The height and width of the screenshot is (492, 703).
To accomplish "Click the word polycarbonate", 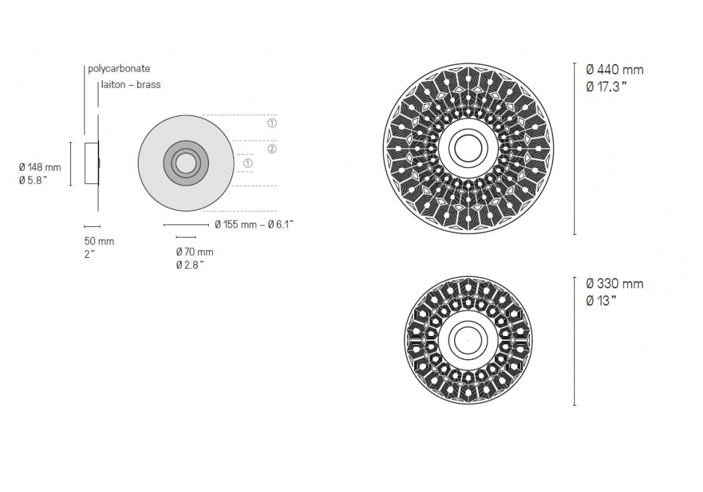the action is pyautogui.click(x=119, y=69).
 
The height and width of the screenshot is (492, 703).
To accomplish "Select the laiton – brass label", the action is pyautogui.click(x=131, y=84).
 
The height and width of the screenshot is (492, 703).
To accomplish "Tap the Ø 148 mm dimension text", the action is pyautogui.click(x=40, y=167).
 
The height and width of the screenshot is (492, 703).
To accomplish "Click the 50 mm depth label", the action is pyautogui.click(x=99, y=241).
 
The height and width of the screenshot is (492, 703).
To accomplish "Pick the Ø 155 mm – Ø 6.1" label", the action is pyautogui.click(x=254, y=224).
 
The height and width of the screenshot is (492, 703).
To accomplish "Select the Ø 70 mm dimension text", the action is pyautogui.click(x=195, y=252).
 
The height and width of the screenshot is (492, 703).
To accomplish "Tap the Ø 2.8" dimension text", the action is pyautogui.click(x=190, y=265).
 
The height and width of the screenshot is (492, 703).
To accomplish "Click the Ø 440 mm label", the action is pyautogui.click(x=614, y=70).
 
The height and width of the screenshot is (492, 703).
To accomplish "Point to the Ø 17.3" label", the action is pyautogui.click(x=606, y=87).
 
